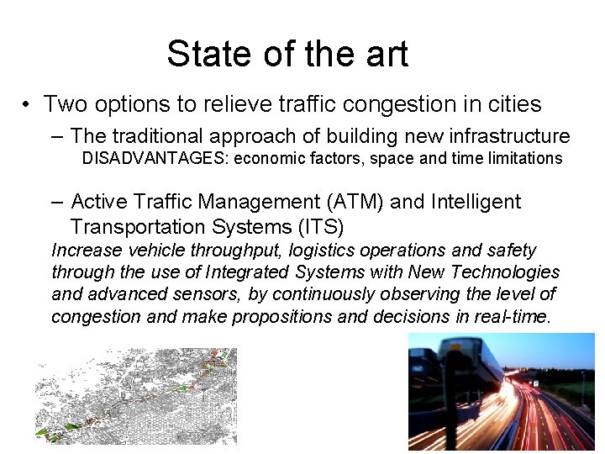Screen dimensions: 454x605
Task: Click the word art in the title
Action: [384, 54]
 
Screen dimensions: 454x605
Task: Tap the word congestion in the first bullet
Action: [417, 105]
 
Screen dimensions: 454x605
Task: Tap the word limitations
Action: [520, 159]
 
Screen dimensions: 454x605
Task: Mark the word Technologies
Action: [508, 272]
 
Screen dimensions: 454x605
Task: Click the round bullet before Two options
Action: [29, 106]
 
